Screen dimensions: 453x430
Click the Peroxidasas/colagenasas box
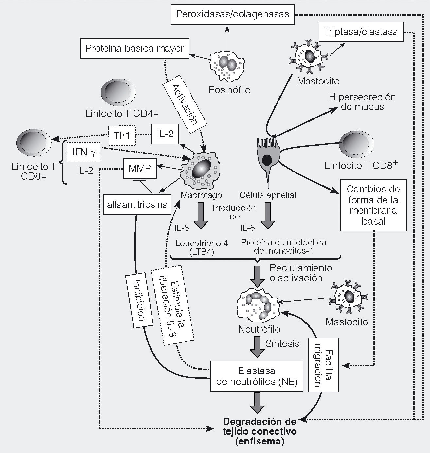(232, 14)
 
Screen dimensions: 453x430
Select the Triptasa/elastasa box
(361, 32)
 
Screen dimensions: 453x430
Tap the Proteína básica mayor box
(134, 49)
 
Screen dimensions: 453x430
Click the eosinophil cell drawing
(227, 67)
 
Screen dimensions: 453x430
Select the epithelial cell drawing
(267, 157)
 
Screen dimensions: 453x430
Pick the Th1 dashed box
(122, 135)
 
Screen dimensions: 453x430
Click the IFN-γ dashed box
(83, 153)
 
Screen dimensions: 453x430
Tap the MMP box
(140, 169)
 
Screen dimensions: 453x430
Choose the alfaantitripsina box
(137, 205)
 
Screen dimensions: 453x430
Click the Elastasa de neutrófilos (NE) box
(257, 376)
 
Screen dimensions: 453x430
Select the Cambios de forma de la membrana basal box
(373, 205)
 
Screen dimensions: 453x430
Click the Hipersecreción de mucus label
(362, 102)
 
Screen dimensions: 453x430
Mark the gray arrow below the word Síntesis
(257, 347)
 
